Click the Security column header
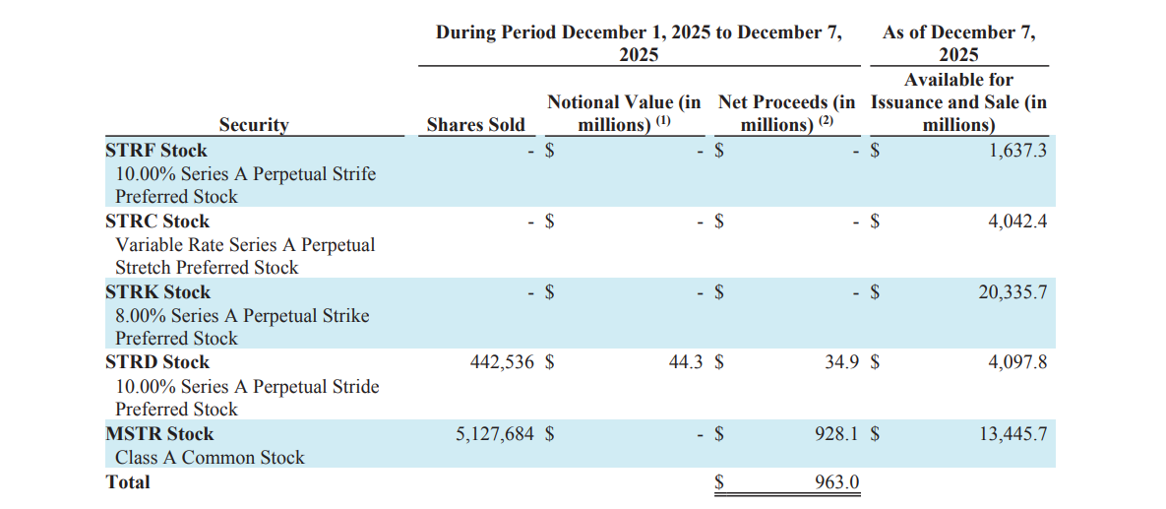pos(253,125)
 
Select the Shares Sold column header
pos(475,125)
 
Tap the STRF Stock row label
pos(156,151)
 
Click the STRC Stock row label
pos(156,222)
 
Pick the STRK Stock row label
pos(157,292)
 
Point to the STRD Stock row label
pos(157,362)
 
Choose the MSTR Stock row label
pos(159,434)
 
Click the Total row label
pos(128,482)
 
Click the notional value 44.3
pos(685,362)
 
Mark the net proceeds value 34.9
pos(842,362)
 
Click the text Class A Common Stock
pos(210,458)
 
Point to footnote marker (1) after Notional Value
pos(663,121)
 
